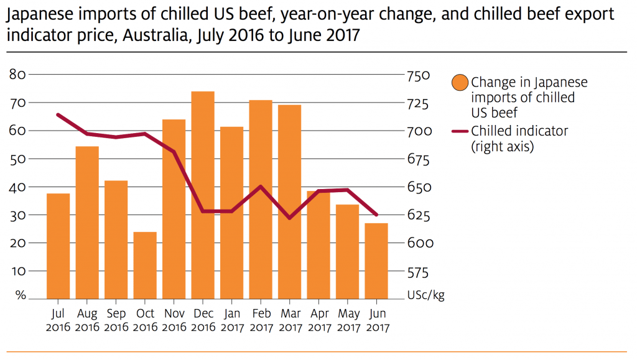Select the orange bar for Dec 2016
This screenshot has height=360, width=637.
[x=203, y=195]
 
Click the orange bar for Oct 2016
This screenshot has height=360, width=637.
[x=145, y=265]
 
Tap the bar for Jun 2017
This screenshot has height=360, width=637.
[x=376, y=261]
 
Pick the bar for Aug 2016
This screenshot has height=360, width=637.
[x=87, y=223]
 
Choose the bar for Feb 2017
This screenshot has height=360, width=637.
[x=261, y=200]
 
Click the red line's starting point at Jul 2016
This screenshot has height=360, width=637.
[x=58, y=115]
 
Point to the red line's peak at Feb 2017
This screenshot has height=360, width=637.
[x=261, y=187]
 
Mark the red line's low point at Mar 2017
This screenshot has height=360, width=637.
[x=289, y=218]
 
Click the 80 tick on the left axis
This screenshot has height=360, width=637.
[x=17, y=75]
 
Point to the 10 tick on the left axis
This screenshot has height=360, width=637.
[x=18, y=270]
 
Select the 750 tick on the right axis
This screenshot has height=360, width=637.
[x=419, y=75]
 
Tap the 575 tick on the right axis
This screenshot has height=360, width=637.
[x=418, y=272]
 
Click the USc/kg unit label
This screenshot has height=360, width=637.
[x=425, y=295]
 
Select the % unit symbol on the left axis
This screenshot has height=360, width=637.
[x=21, y=295]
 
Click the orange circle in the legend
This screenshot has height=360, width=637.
[x=460, y=83]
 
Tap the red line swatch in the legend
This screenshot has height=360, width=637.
[x=460, y=131]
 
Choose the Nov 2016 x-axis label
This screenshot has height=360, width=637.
[x=174, y=320]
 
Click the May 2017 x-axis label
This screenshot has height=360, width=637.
[x=348, y=320]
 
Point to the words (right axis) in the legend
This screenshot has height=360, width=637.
[x=503, y=147]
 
